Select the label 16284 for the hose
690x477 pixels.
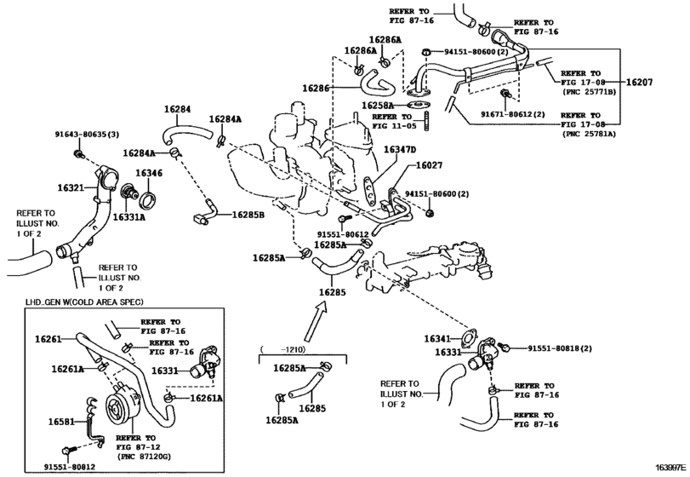coord(177,109)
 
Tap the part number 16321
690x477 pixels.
coord(71,187)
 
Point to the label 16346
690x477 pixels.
coord(148,173)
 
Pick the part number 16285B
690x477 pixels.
coord(248,214)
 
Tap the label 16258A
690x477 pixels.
coord(377,106)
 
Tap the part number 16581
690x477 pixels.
coord(59,421)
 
